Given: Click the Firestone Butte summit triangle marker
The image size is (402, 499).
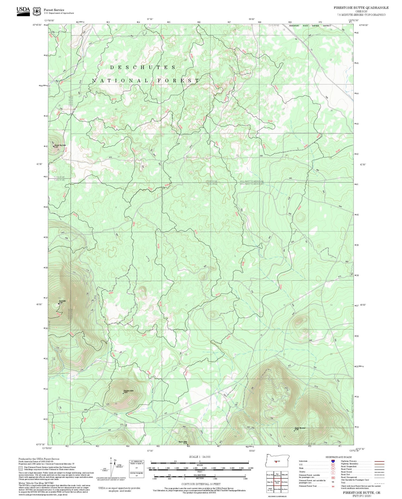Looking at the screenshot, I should [x=123, y=393].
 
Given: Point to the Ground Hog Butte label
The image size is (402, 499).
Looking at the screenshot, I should [x=60, y=145].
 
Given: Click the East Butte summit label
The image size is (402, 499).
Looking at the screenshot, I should [x=62, y=301].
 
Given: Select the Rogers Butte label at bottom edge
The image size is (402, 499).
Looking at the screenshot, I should [x=183, y=442].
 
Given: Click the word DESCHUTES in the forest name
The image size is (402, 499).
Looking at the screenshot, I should [x=143, y=67].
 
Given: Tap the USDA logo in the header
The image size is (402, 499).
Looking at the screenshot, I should [x=23, y=11].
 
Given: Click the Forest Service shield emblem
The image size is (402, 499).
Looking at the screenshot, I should [x=36, y=11].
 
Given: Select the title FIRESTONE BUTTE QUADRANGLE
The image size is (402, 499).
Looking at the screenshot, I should [x=361, y=8].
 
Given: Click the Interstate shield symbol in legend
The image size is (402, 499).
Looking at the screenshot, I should [x=333, y=461].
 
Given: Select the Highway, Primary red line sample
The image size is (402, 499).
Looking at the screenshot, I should [x=379, y=461].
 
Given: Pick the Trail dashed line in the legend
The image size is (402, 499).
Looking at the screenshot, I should [x=379, y=483].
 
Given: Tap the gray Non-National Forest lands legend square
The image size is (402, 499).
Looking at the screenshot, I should [x=21, y=468].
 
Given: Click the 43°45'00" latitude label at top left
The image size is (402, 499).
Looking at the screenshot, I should [x=37, y=25].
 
